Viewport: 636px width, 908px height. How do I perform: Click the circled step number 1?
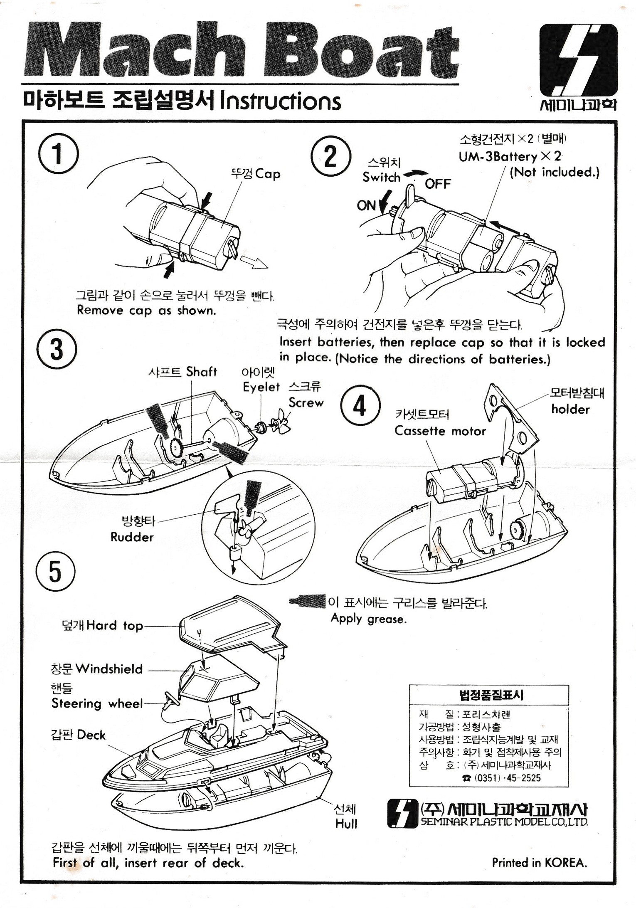[x=58, y=153]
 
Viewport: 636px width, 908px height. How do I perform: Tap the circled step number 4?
[x=360, y=405]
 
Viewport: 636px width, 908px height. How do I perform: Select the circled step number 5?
[x=55, y=572]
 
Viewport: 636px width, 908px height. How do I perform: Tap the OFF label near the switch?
[x=437, y=183]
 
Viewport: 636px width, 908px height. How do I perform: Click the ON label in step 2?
[x=366, y=205]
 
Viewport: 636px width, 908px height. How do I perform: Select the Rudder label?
[x=132, y=537]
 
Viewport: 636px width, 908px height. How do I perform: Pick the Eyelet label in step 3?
[x=261, y=387]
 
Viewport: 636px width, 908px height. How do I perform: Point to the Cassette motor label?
[x=440, y=431]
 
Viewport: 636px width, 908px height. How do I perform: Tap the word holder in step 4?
[x=570, y=409]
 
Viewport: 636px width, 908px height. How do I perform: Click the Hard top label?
[x=114, y=625]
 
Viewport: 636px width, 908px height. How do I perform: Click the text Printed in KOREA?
[x=539, y=862]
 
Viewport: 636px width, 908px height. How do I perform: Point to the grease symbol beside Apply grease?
[x=308, y=601]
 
